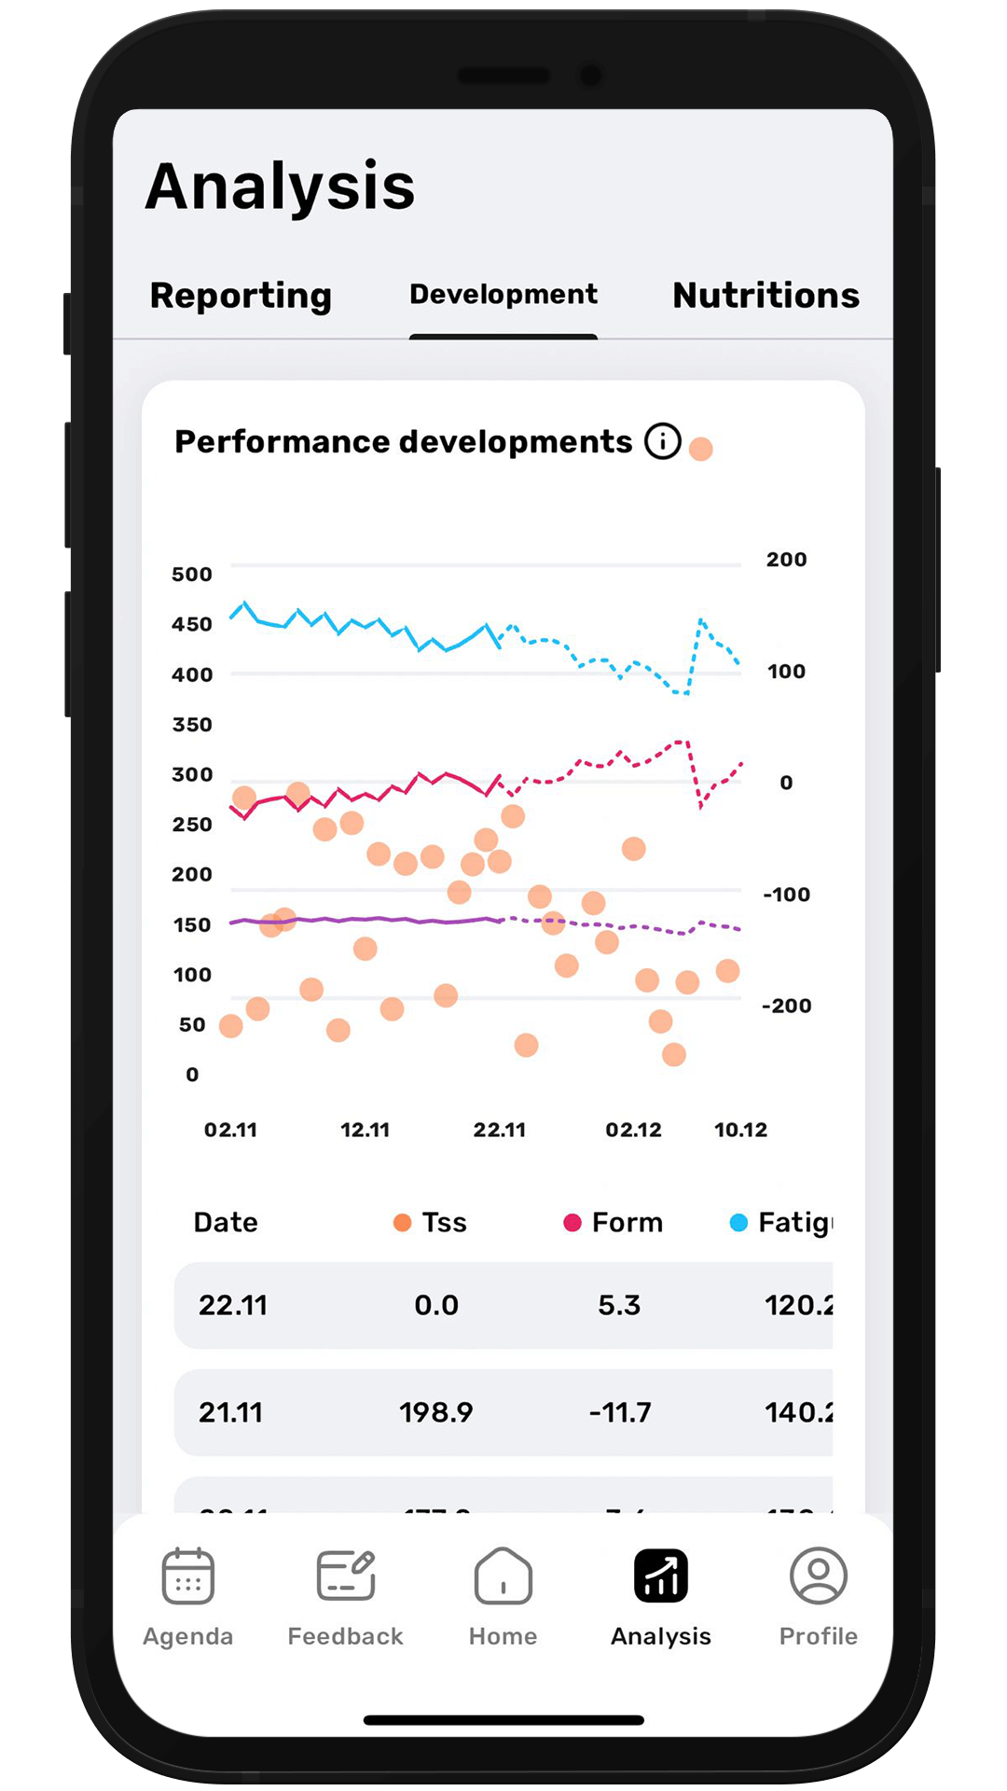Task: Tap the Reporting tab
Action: pos(241,296)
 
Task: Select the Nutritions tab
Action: pos(766,296)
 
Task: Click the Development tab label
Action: pos(504,295)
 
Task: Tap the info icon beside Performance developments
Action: pos(663,441)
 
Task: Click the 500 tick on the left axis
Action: pos(192,575)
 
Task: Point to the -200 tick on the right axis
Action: pos(786,1006)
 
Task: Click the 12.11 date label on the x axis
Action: pos(365,1130)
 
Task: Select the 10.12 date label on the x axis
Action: pos(740,1130)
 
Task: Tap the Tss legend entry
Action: pos(431,1222)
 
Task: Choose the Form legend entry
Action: pos(614,1222)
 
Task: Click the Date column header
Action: pos(226,1222)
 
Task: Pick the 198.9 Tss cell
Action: pos(436,1412)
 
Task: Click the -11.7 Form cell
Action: pos(620,1412)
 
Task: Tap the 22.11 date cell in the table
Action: pos(233,1305)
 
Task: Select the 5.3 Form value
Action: pos(619,1305)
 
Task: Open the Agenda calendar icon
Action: pos(188,1576)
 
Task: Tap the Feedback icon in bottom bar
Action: pos(346,1576)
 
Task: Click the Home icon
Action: pos(504,1576)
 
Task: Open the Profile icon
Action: pos(819,1576)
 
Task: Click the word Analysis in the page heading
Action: pos(281,187)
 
